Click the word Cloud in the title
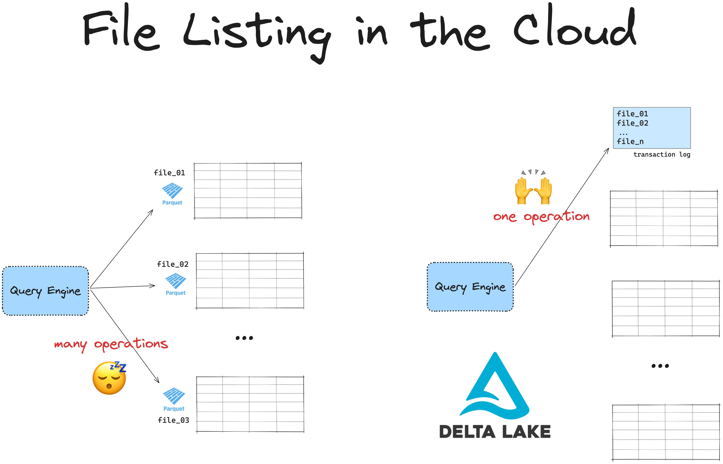click(x=574, y=29)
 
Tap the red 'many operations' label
click(x=111, y=344)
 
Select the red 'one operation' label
click(x=541, y=216)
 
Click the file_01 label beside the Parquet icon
click(x=169, y=173)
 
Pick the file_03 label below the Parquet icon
click(x=173, y=420)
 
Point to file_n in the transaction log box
click(x=630, y=141)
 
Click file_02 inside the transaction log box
click(x=632, y=123)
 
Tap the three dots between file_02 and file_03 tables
click(x=244, y=338)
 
